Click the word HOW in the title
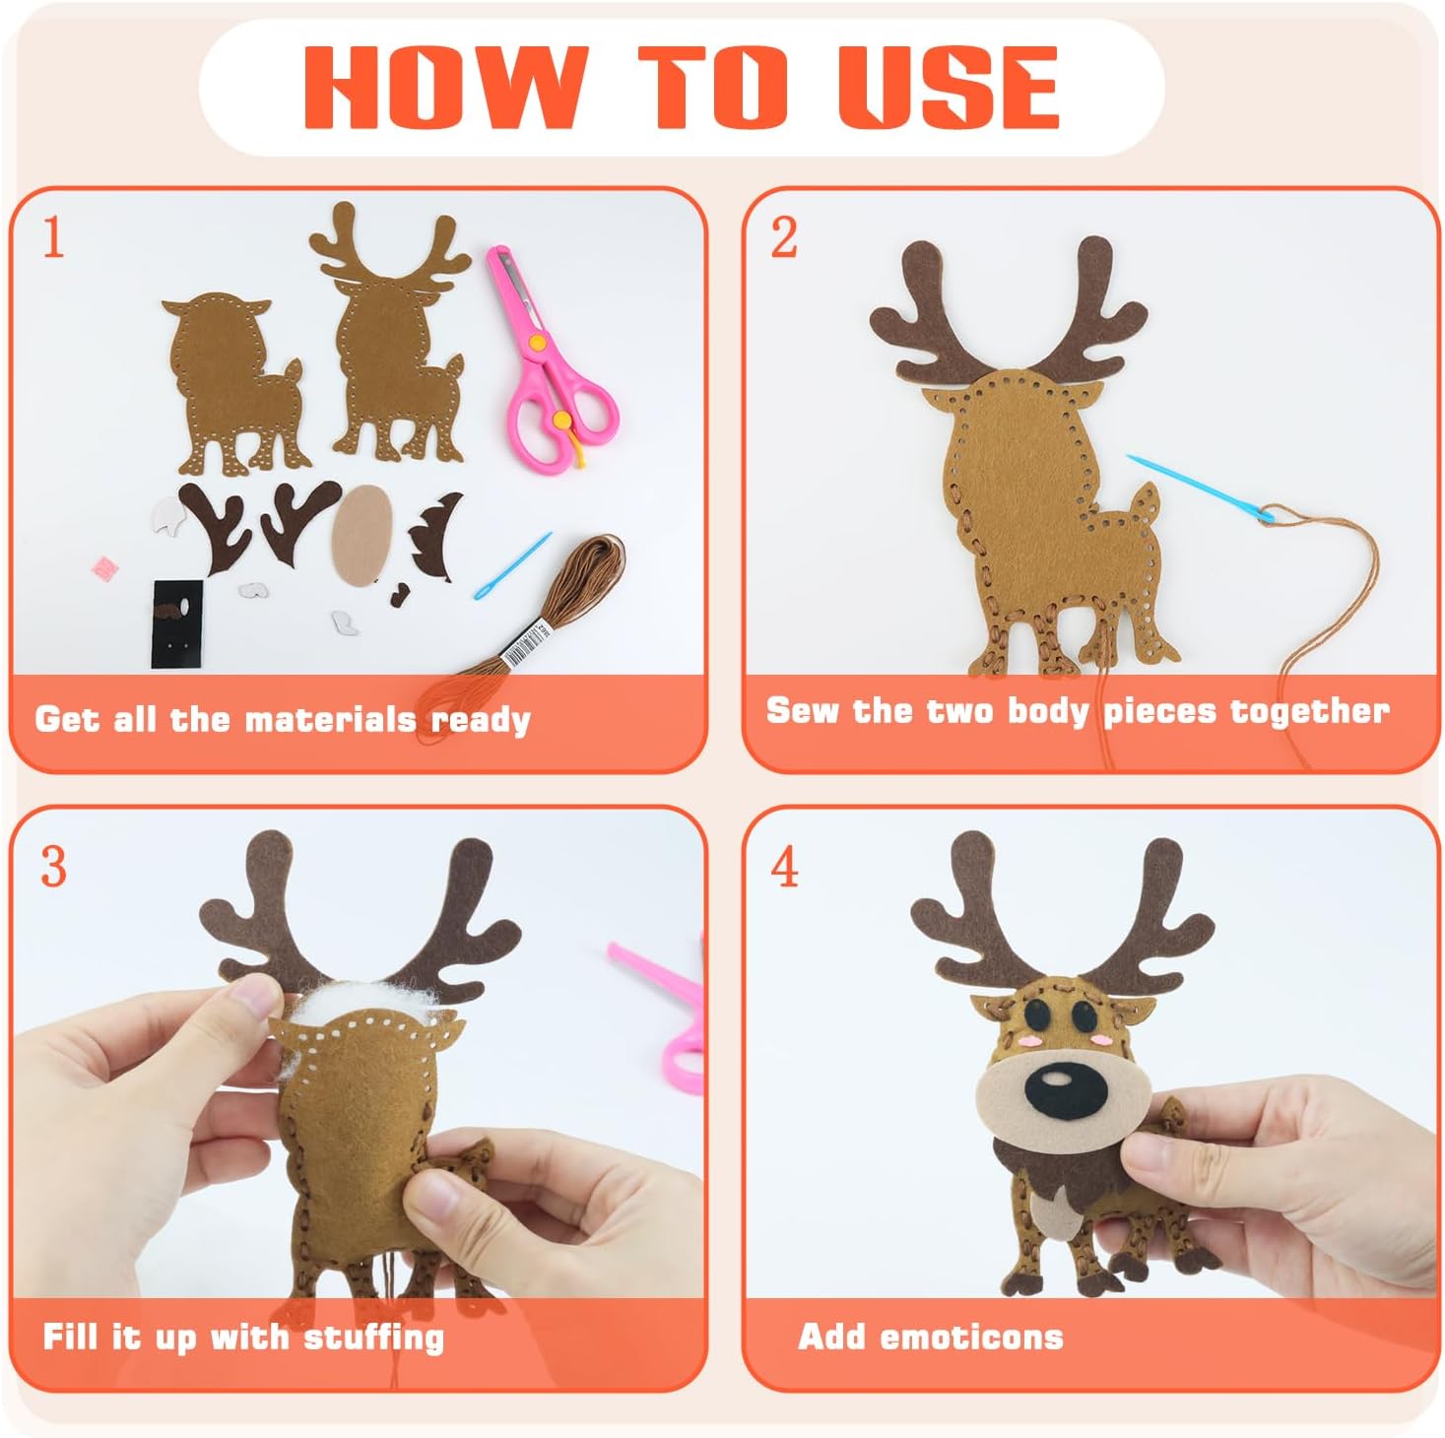(x=445, y=87)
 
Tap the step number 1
(x=53, y=237)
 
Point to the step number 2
(x=784, y=237)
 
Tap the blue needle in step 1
(x=512, y=565)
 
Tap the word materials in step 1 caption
(x=330, y=719)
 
